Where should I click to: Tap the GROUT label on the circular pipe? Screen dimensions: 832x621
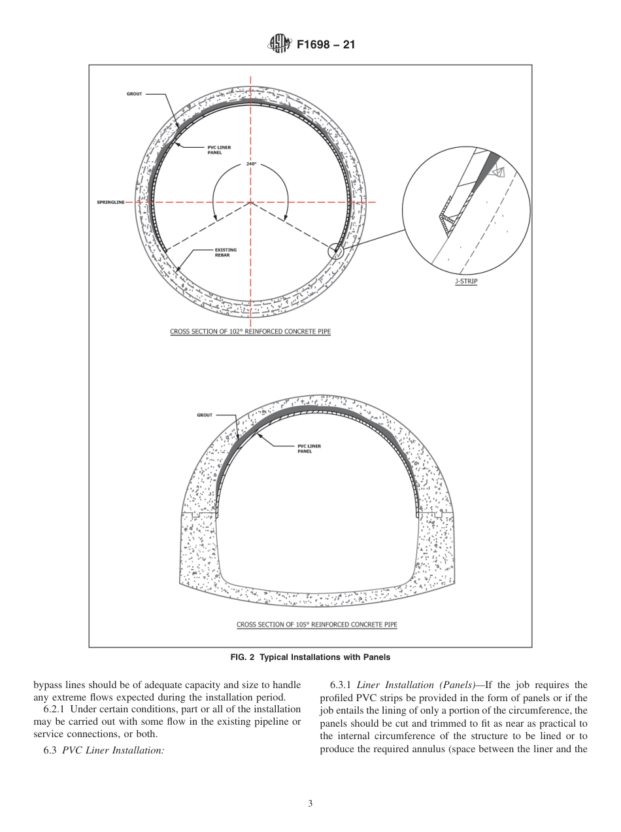tap(134, 94)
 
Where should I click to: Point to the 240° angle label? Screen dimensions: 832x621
tap(251, 164)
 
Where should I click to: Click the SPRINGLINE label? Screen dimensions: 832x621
tap(106, 202)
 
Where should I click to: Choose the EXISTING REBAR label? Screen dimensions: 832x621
tap(226, 252)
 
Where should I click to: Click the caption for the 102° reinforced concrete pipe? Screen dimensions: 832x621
tap(250, 332)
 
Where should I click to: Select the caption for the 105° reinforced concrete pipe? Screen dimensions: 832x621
tap(316, 625)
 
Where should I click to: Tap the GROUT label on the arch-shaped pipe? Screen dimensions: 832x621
tap(205, 415)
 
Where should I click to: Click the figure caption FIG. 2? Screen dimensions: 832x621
tap(310, 657)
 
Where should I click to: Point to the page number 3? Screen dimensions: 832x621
tap(310, 803)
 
